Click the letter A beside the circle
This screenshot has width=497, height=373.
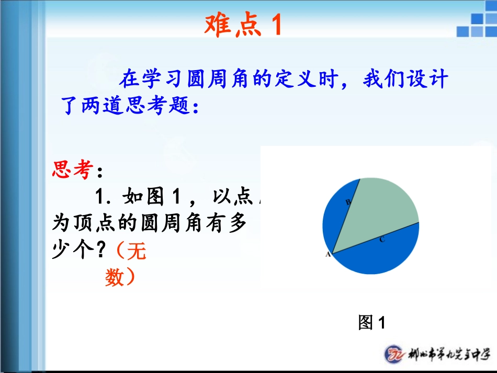pos(329,255)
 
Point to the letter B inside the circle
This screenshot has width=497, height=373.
pos(348,201)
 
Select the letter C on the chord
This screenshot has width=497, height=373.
pos(382,240)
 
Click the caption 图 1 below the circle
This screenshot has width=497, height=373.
pos(371,322)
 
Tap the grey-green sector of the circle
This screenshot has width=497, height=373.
pos(379,209)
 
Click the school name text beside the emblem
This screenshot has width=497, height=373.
pos(449,354)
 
